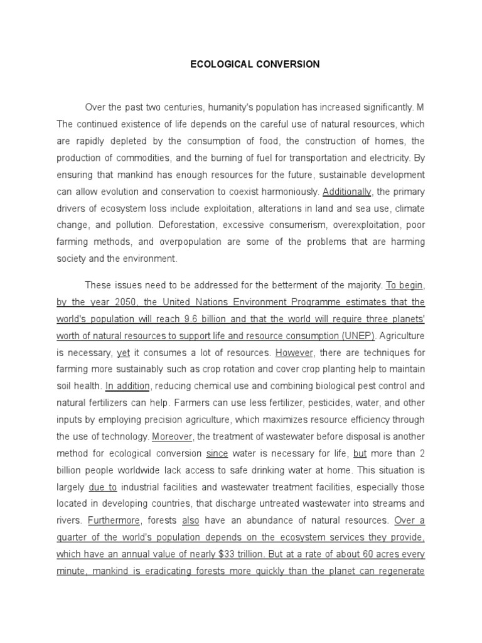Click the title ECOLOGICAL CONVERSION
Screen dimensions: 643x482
[255, 64]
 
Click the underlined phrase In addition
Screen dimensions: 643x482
[127, 385]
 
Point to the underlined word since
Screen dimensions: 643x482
[217, 453]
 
